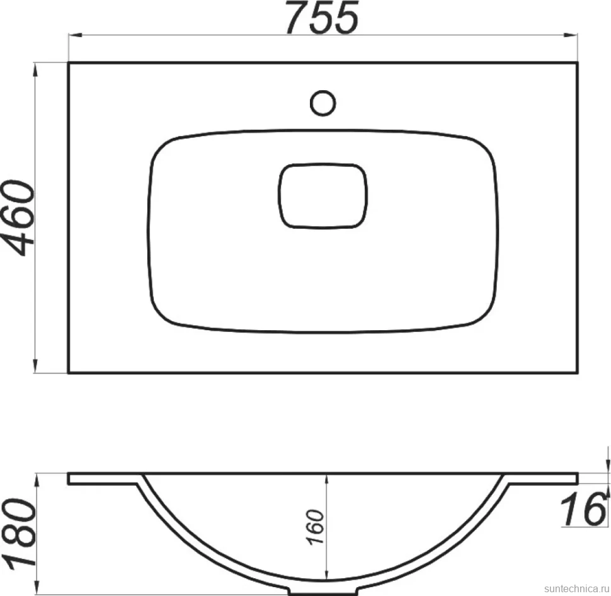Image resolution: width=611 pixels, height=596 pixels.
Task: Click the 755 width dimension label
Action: (322, 18)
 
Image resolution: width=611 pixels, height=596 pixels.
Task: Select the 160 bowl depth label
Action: (315, 527)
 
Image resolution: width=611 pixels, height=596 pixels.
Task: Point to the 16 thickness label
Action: (583, 509)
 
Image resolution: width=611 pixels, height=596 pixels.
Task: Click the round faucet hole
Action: (323, 103)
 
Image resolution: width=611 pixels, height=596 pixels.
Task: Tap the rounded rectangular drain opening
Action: (323, 196)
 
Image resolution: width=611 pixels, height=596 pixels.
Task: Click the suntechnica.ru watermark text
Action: (577, 588)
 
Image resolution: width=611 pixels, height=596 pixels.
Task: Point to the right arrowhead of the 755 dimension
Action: (571, 35)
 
